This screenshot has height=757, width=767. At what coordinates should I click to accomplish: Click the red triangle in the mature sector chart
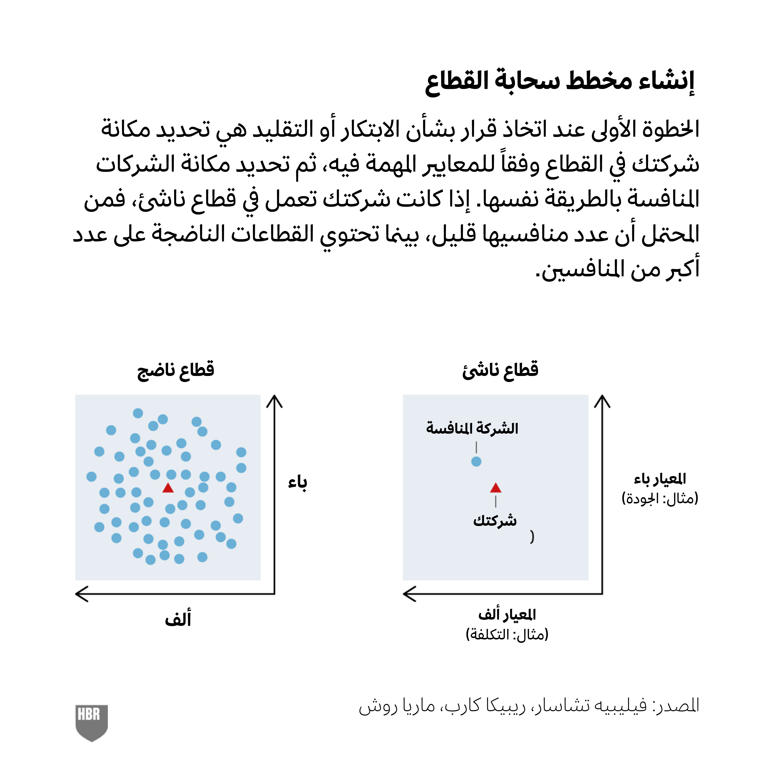[x=168, y=488]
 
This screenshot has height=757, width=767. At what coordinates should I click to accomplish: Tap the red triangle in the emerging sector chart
[x=495, y=488]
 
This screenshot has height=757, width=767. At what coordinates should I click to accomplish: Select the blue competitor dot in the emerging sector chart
[x=476, y=462]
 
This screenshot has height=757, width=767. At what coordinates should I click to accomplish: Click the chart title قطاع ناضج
[x=176, y=370]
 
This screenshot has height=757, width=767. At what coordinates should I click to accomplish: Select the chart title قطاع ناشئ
[x=500, y=370]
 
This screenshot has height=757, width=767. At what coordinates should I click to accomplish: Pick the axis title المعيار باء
[x=660, y=479]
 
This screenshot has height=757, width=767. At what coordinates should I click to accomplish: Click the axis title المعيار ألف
[x=507, y=614]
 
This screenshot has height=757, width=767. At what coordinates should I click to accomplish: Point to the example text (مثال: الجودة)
[x=660, y=498]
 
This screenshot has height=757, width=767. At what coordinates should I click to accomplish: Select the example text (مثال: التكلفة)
[x=507, y=634]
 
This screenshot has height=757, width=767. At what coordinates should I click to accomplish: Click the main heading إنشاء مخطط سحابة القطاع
[x=560, y=81]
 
